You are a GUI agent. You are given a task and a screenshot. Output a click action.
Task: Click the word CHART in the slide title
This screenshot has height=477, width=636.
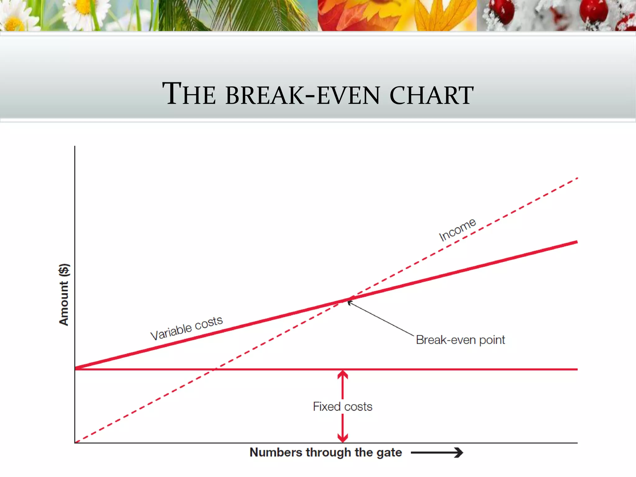point(432,95)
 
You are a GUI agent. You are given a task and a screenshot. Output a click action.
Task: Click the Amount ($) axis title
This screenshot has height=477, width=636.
point(64,294)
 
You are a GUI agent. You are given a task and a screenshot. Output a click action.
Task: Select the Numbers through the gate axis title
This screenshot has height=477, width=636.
point(325,452)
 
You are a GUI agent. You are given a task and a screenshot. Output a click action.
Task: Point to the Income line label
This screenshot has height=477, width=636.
point(457,229)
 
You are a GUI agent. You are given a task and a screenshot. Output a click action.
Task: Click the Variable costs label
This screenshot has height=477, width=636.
point(186,328)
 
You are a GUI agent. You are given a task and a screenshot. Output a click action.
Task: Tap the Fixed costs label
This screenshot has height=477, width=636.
point(342,407)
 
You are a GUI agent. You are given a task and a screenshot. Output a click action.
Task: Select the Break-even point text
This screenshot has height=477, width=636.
point(460,340)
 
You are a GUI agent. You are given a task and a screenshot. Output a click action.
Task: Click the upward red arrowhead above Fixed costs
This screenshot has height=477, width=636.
point(343,375)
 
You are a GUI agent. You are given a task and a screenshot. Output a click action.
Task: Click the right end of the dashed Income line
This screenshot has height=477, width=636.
point(577,178)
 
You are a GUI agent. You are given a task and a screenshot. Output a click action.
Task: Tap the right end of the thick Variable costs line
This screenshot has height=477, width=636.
point(576,242)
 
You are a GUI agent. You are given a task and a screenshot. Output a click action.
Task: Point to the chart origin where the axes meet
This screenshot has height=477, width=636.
point(75,443)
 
